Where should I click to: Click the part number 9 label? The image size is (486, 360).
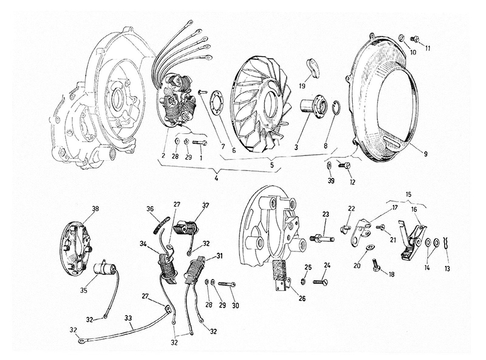pos(425,154)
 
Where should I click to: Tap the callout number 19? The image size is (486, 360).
pos(303,86)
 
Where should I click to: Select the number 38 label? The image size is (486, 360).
pos(95,209)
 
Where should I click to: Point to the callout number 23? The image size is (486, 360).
pos(325,214)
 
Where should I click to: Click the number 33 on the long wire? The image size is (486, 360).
pos(128,318)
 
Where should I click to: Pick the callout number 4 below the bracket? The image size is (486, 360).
pos(216,179)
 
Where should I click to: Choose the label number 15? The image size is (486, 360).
pos(408,194)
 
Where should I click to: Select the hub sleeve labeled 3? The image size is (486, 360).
pos(312,106)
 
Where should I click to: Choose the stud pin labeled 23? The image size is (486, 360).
pos(322,239)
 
